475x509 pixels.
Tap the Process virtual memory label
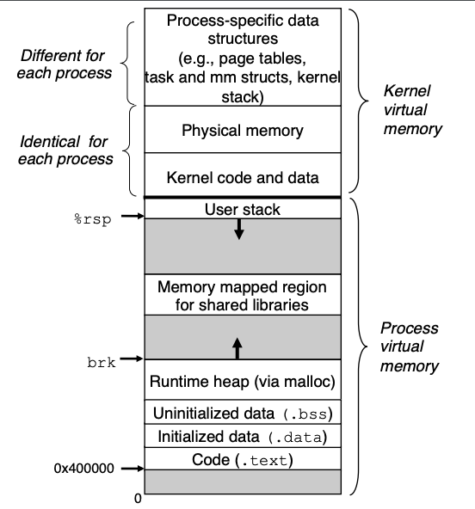pyautogui.click(x=409, y=347)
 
